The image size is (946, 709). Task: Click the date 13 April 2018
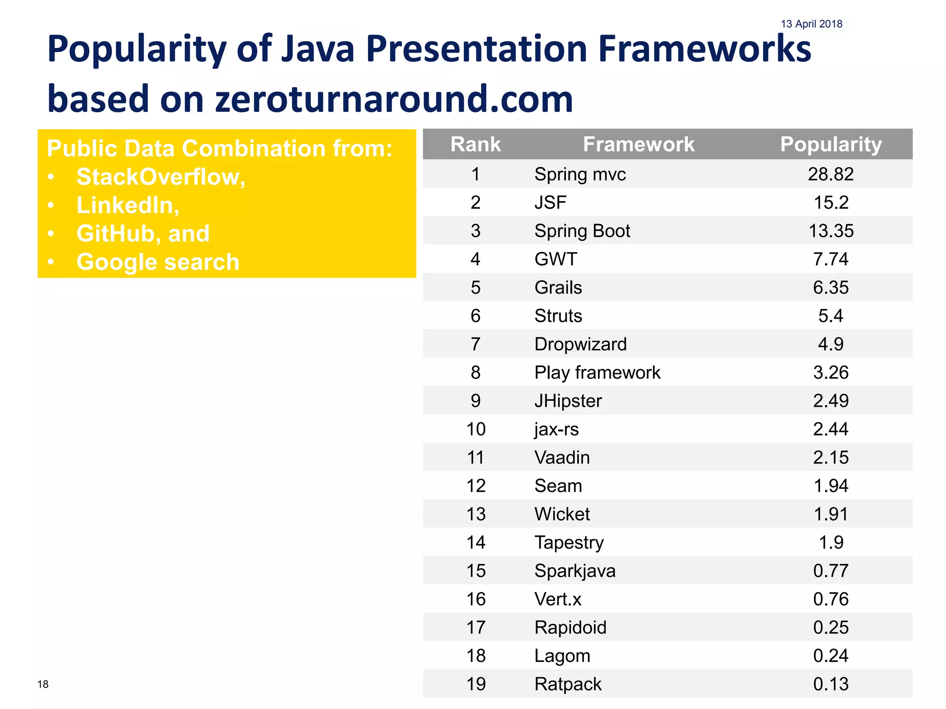point(811,24)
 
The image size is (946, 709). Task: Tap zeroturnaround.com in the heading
point(394,99)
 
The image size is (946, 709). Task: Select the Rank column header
point(475,144)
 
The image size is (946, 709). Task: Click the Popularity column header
point(831,144)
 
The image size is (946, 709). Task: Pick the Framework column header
point(638,144)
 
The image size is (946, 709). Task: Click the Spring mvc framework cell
point(580,174)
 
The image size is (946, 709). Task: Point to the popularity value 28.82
point(831,174)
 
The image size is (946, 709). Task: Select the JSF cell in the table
point(550,203)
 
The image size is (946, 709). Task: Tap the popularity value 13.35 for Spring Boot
point(831,231)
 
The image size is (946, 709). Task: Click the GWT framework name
point(556,259)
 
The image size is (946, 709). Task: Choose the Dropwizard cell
point(580,344)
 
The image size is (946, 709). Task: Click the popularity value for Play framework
point(831,373)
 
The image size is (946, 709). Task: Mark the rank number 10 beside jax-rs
point(476,429)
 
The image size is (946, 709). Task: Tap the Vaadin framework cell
point(562,457)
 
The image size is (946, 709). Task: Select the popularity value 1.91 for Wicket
point(831,514)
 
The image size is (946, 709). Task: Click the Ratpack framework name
point(568,684)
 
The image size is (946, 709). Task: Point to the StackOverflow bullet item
point(160,177)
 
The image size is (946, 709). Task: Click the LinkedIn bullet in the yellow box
point(127,205)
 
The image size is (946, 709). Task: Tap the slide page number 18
point(43,684)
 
